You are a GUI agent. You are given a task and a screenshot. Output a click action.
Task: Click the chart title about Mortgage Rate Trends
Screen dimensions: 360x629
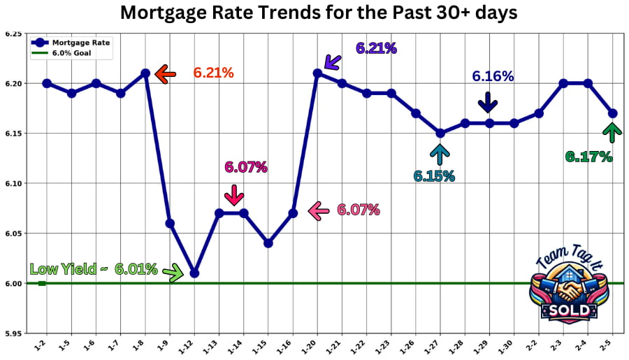tap(319, 13)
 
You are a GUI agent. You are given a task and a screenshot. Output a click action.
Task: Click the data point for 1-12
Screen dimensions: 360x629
tap(194, 273)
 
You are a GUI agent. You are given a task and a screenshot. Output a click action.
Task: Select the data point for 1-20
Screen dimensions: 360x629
tap(317, 73)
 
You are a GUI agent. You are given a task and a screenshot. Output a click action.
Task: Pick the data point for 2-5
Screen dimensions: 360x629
tap(613, 113)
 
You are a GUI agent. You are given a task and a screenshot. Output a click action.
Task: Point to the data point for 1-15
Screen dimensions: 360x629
tap(268, 243)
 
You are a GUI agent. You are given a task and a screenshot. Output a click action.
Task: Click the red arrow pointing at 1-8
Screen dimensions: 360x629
tap(165, 73)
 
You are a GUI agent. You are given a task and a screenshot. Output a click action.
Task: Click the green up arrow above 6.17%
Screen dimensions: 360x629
tap(612, 132)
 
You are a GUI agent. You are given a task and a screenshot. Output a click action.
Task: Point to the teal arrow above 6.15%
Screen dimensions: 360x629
tap(440, 153)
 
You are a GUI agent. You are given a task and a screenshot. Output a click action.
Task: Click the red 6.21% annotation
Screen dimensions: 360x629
tap(213, 73)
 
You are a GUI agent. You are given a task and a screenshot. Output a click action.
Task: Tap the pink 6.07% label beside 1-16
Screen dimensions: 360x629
tap(358, 210)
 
